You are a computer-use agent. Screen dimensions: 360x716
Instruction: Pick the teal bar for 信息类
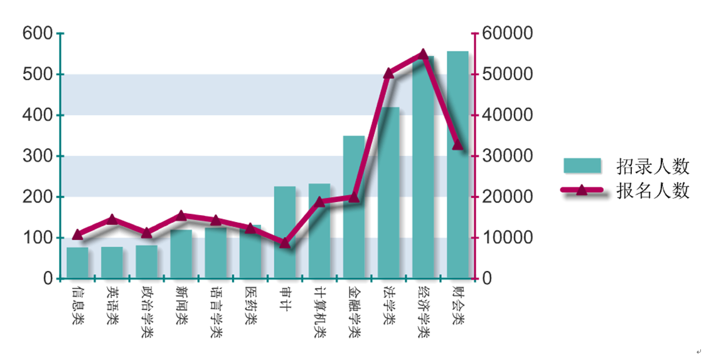(78, 263)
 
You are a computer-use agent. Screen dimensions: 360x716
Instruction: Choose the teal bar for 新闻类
(181, 254)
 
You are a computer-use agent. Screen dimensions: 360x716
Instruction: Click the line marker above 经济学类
(423, 55)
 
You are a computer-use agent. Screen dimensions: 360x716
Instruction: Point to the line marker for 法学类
(388, 73)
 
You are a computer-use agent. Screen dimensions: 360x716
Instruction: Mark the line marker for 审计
(285, 243)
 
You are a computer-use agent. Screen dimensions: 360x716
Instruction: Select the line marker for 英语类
(112, 219)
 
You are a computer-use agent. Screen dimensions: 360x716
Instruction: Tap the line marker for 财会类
(457, 146)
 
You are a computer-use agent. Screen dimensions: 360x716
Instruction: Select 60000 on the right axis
(506, 33)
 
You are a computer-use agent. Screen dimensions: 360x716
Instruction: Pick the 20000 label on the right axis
(506, 197)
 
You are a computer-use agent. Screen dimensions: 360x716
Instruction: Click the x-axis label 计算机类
(319, 312)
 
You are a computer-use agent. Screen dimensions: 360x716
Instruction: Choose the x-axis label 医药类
(250, 305)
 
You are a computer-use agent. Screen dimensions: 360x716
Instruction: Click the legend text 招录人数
(653, 167)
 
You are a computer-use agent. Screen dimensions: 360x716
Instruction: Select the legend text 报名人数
(653, 190)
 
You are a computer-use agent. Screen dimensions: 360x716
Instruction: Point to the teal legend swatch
(582, 166)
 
